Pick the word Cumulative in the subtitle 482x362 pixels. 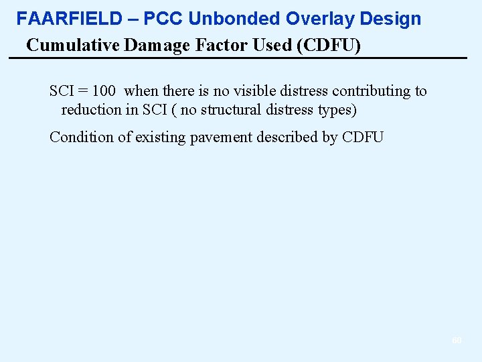64,46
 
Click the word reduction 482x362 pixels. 90,110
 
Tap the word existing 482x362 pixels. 157,137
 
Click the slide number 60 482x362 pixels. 457,341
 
